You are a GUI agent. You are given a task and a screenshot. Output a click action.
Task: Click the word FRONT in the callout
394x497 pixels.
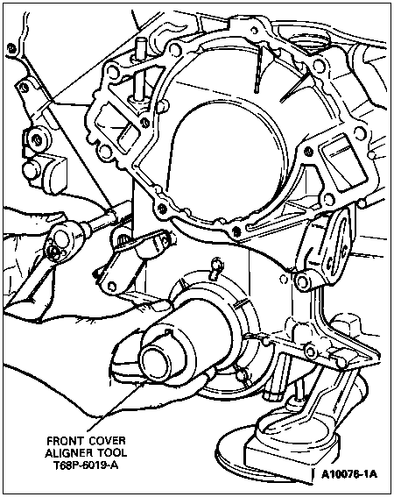tap(66, 441)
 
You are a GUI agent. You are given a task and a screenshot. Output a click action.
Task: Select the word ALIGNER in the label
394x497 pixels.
tap(69, 453)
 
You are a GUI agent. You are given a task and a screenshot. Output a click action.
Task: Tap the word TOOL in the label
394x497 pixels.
tap(112, 453)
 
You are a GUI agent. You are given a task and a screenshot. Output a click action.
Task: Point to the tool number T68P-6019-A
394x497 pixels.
tap(86, 465)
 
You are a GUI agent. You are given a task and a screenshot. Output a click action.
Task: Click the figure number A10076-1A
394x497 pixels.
tap(349, 474)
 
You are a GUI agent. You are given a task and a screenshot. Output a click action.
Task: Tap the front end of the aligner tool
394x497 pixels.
tap(155, 359)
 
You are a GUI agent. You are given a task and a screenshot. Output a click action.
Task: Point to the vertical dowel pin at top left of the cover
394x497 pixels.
tap(138, 70)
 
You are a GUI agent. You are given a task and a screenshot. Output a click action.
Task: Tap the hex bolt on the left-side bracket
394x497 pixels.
tap(36, 139)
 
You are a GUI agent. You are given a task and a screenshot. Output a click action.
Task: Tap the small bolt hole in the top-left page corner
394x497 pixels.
tap(11, 48)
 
